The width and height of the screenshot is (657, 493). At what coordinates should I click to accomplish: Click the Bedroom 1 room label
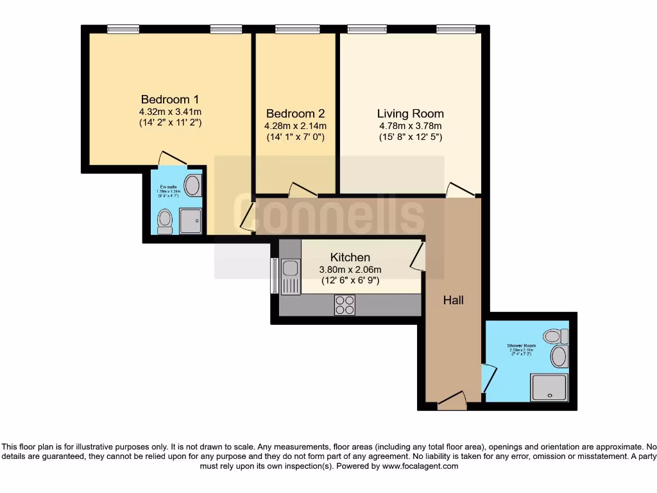click(x=170, y=99)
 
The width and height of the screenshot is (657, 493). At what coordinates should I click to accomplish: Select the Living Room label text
click(x=410, y=114)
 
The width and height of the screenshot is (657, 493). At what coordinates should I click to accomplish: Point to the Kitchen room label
click(x=350, y=257)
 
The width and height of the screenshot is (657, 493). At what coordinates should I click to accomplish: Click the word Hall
click(x=454, y=300)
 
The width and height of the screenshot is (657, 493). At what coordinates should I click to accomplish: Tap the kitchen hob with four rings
click(x=345, y=304)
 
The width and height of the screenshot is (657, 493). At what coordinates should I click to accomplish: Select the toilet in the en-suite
click(x=165, y=220)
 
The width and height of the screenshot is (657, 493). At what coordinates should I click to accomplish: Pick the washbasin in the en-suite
click(x=192, y=186)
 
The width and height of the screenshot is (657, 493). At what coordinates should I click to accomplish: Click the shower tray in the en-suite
click(x=191, y=220)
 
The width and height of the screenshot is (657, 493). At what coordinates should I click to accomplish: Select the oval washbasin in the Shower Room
click(x=559, y=356)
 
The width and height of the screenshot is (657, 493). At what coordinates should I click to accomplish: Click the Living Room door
click(x=461, y=189)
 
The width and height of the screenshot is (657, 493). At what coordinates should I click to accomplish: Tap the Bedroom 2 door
click(x=302, y=190)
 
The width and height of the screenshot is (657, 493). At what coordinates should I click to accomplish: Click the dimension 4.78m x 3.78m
click(x=410, y=126)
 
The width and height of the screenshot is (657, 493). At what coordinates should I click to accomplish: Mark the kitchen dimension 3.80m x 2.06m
click(x=350, y=270)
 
